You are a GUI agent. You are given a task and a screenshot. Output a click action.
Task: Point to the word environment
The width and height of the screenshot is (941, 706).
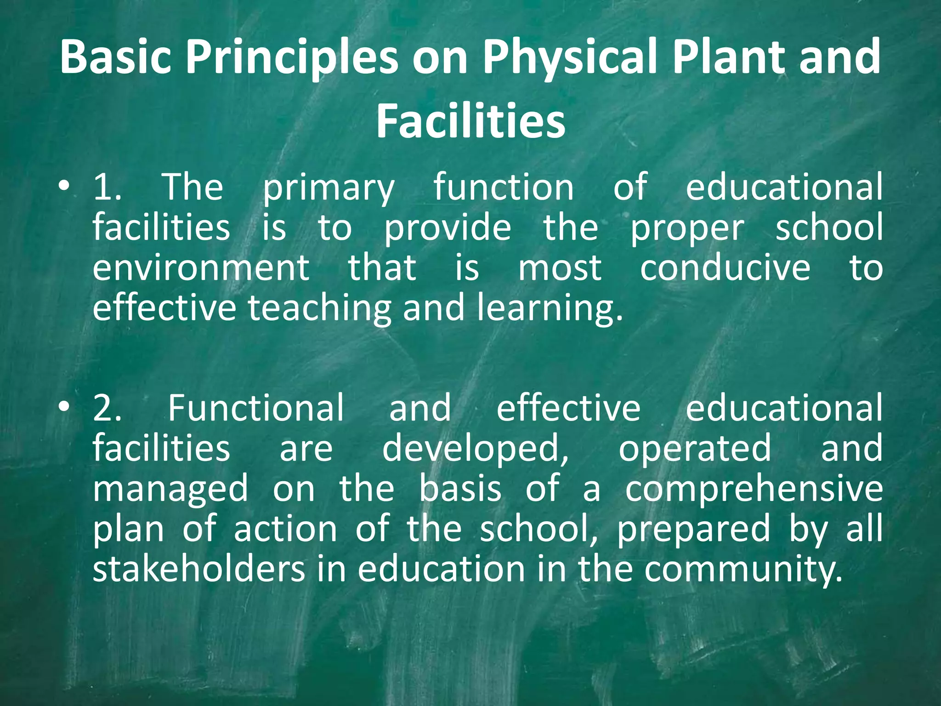point(201,268)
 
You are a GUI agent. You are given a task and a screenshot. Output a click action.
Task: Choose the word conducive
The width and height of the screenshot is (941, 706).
point(725,268)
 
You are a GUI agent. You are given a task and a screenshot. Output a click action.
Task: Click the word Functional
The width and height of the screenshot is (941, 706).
point(255,408)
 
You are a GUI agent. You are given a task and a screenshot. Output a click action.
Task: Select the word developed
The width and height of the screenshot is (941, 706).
point(475,449)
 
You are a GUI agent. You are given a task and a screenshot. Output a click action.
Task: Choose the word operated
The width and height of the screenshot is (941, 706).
point(695,449)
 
